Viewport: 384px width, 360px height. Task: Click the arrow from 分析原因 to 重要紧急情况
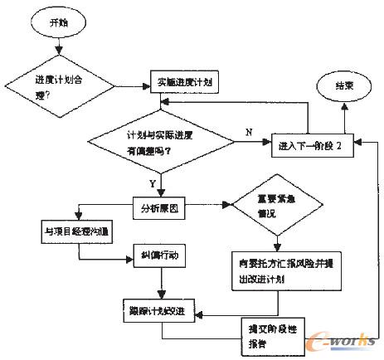point(212,204)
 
